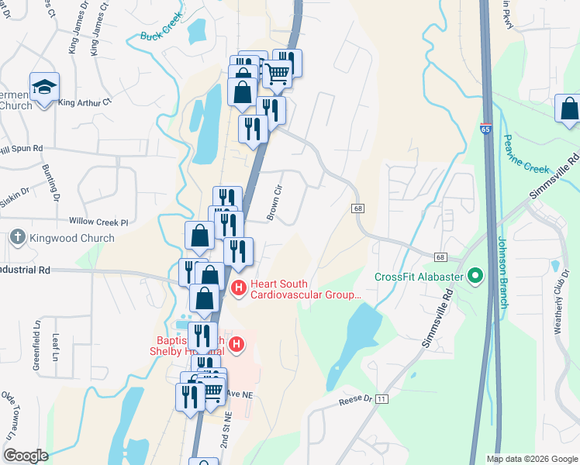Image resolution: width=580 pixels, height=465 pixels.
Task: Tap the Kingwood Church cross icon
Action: [17, 239]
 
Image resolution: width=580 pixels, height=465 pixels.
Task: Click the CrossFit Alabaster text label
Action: [419, 277]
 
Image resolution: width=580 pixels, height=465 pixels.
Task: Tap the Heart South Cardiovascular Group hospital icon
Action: [239, 289]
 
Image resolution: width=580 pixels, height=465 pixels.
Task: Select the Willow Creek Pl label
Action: [98, 222]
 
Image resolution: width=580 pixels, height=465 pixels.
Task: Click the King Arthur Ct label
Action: [85, 102]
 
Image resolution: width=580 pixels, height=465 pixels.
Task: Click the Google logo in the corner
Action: [26, 456]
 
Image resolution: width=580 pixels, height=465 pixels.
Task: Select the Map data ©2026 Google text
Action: [532, 459]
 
